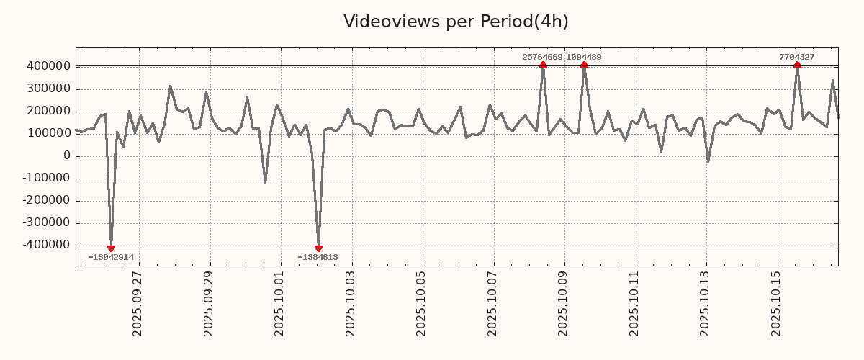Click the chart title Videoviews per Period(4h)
pos(456,22)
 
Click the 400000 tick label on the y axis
pos(48,66)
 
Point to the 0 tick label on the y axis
pos(67,156)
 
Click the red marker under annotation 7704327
pos(797,66)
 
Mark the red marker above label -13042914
pos(111,248)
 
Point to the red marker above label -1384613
pos(318,248)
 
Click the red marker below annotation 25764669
pos(543,66)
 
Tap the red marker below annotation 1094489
pos(584,66)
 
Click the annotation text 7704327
pos(797,57)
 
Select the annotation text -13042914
pos(111,257)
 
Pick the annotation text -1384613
pos(318,257)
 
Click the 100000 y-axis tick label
pos(48,133)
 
